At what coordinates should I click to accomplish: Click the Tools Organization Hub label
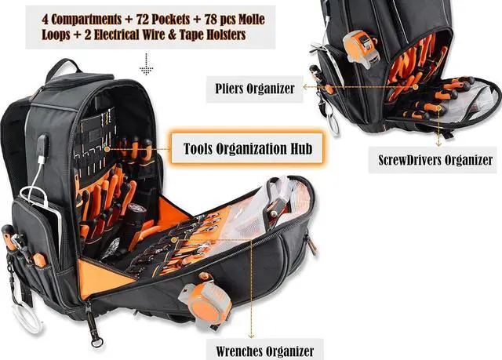click(249, 148)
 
